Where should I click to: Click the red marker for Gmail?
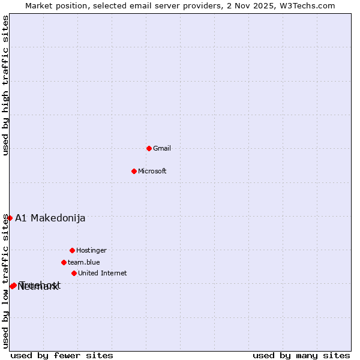click(149, 148)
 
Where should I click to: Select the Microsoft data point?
click(134, 171)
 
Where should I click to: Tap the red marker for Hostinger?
click(72, 250)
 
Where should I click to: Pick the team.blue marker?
click(64, 262)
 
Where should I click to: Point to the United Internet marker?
click(74, 273)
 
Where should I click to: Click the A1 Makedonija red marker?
click(10, 218)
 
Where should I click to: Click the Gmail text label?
click(162, 148)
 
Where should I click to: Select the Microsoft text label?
click(152, 171)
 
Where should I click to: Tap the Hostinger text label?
click(91, 250)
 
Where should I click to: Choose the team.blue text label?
click(84, 262)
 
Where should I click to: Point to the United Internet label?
click(103, 273)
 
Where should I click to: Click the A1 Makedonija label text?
click(50, 218)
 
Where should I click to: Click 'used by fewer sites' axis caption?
click(62, 355)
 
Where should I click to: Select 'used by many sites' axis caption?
click(301, 355)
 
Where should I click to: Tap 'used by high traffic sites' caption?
click(6, 86)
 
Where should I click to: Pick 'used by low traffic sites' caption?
click(6, 281)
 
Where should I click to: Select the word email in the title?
click(140, 5)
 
